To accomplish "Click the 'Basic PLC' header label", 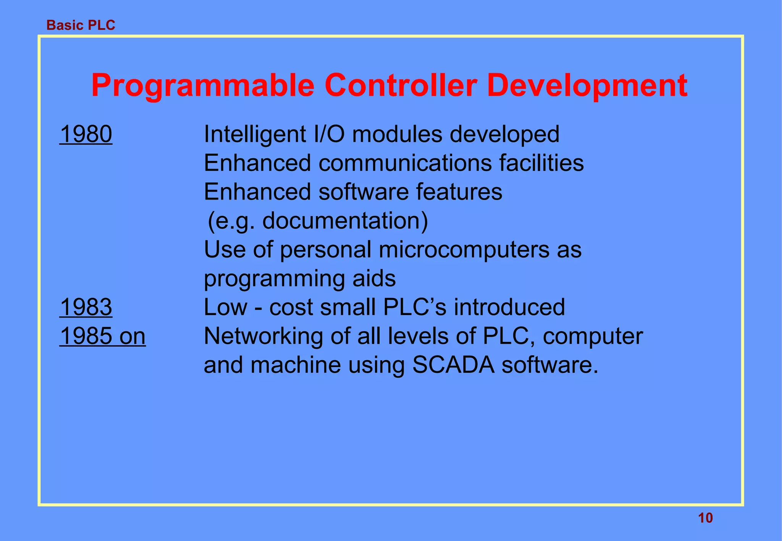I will pos(81,25).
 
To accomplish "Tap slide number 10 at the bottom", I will pos(705,518).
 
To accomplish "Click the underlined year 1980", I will pos(86,134).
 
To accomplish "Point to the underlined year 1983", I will pos(86,307).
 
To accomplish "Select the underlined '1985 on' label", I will pos(102,336).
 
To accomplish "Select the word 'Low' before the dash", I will pos(225,307).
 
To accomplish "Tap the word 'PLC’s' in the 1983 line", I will pos(414,307).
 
